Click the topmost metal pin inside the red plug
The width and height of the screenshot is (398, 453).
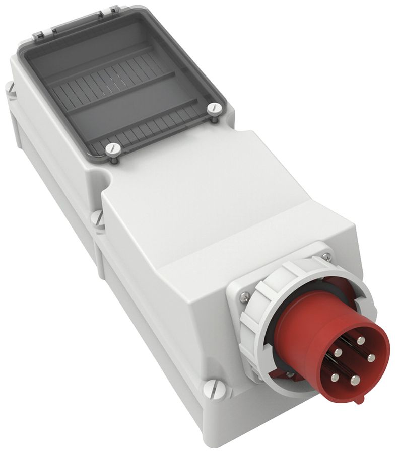360,341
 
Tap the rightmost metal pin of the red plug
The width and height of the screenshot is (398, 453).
371,358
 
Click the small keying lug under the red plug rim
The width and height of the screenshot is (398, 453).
358,400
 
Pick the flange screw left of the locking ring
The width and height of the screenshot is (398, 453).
243,297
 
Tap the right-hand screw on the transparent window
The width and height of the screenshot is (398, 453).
215,107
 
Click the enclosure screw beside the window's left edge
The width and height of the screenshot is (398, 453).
11,89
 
